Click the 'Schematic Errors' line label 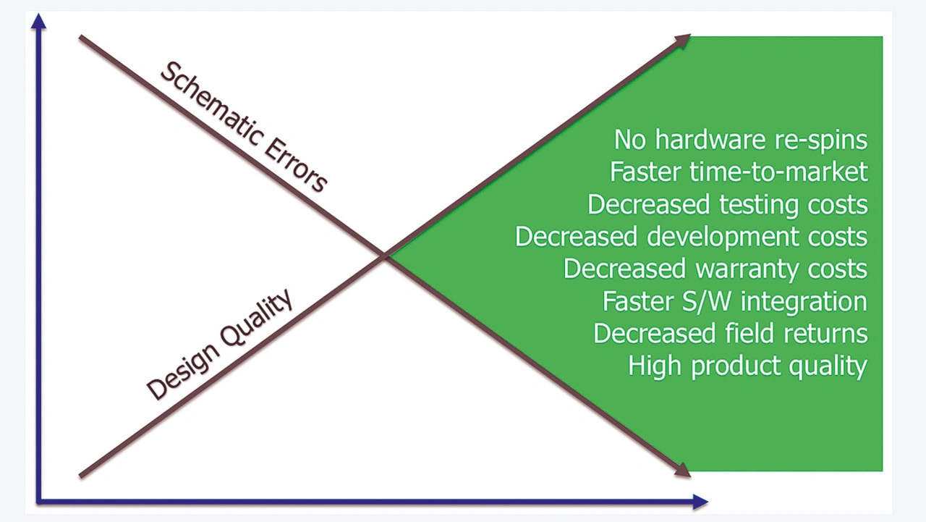click(x=242, y=127)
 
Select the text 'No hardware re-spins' click(x=740, y=140)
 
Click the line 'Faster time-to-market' click(x=738, y=172)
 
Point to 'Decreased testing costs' click(x=727, y=204)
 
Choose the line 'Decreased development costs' click(x=691, y=237)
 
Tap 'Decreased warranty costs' click(x=715, y=269)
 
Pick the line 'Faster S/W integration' click(x=734, y=301)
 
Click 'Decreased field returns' click(x=730, y=333)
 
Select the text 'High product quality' click(x=747, y=366)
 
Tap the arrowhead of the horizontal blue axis click(x=700, y=501)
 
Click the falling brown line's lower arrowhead click(x=683, y=471)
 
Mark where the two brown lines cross click(x=386, y=256)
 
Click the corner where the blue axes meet click(x=38, y=501)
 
